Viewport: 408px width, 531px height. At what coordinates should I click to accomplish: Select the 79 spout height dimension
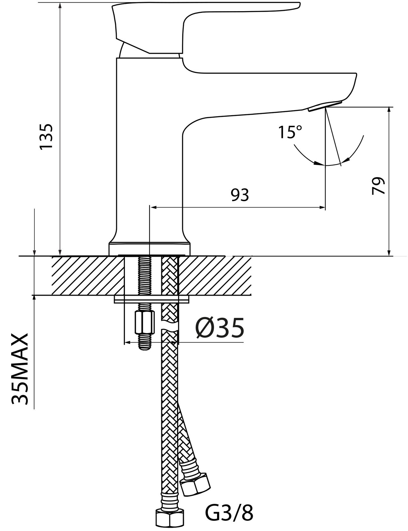pyautogui.click(x=378, y=186)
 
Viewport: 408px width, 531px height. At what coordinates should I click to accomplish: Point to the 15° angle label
pyautogui.click(x=290, y=132)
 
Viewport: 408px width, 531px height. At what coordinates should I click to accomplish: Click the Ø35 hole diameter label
pyautogui.click(x=220, y=328)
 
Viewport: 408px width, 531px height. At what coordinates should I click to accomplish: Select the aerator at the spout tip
pyautogui.click(x=324, y=105)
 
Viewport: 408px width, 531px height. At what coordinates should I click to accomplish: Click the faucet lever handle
pyautogui.click(x=191, y=19)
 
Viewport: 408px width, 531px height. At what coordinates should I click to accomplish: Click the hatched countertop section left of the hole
pyautogui.click(x=86, y=276)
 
